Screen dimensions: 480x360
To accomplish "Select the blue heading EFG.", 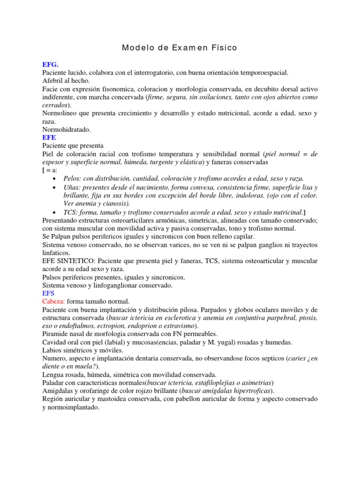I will [50, 65].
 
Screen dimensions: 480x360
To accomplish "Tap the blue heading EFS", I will [49, 293].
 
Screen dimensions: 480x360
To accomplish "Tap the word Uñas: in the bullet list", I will [73, 187].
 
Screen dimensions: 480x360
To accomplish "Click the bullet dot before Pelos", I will [56, 179].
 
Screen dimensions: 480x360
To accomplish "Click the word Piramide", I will [56, 334].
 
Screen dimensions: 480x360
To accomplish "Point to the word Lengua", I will [53, 375].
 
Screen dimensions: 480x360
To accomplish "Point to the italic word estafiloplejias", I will [211, 382].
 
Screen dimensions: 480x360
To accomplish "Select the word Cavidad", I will [55, 342].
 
